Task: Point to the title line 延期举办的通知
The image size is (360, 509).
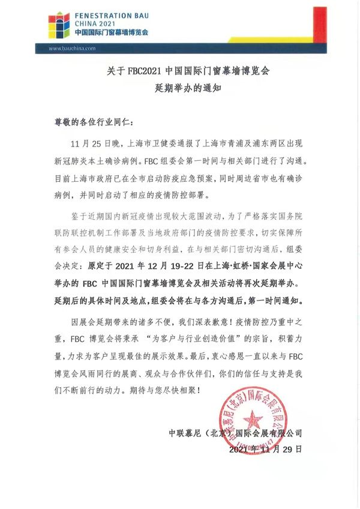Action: [x=179, y=88]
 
